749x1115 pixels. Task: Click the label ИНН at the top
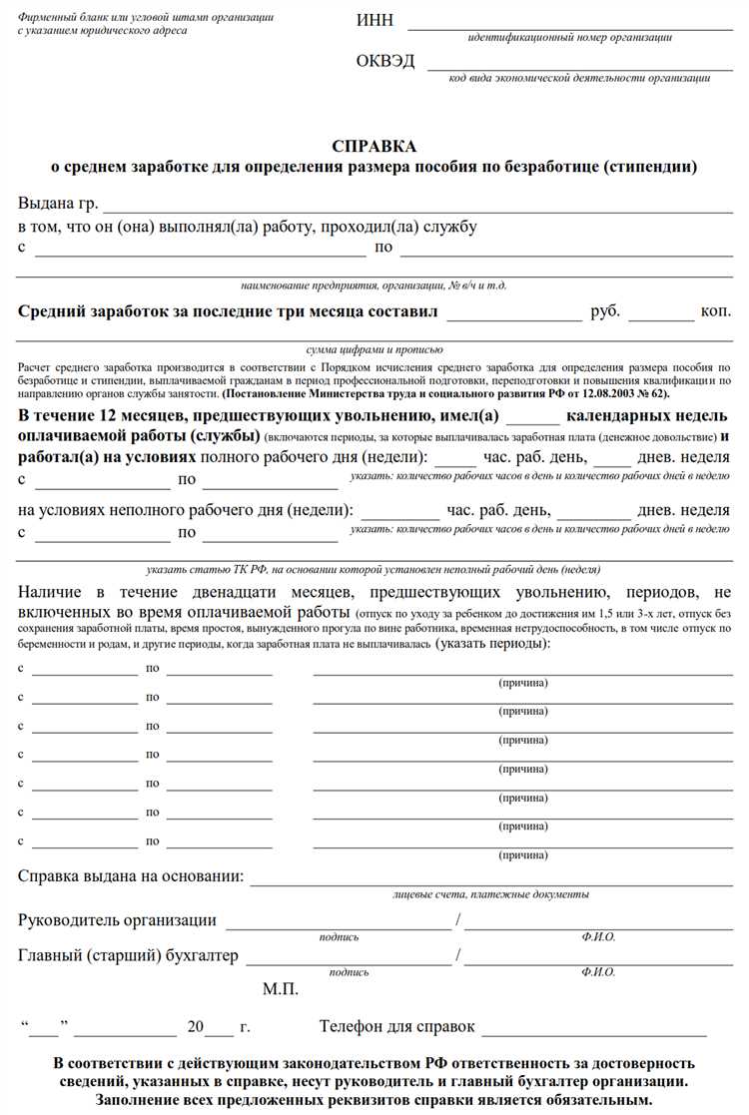(374, 22)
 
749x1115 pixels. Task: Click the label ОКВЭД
(384, 62)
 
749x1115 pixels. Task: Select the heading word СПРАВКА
(374, 147)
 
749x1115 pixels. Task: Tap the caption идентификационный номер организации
(569, 38)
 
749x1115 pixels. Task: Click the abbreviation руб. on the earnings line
(605, 312)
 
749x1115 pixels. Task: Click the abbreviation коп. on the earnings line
(715, 312)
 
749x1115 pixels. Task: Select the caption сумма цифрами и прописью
(374, 350)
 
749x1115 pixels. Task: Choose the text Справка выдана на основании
(131, 876)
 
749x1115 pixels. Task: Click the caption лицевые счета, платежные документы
(490, 894)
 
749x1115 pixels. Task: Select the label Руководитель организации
(117, 920)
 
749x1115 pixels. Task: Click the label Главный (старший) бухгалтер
(128, 956)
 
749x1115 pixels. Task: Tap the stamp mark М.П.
(281, 989)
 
